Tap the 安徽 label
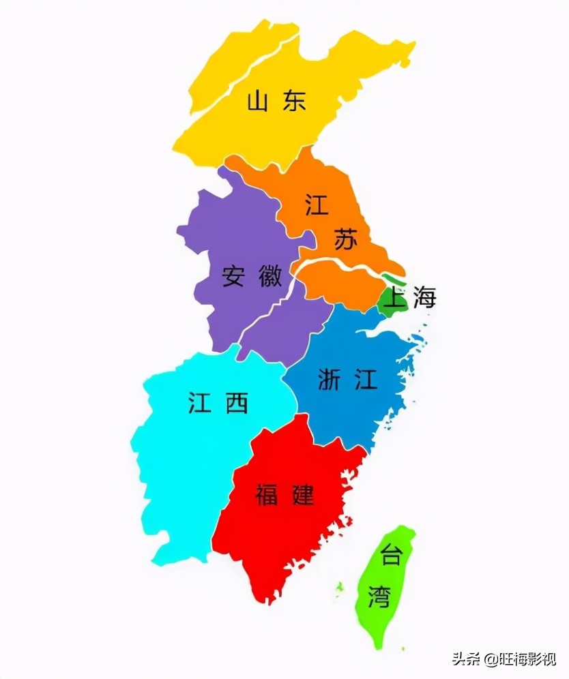[252, 276]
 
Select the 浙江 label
[347, 380]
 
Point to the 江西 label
[218, 404]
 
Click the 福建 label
[285, 494]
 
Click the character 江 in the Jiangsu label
[317, 205]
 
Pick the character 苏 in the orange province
[345, 239]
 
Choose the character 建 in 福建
[302, 494]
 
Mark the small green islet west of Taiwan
[338, 588]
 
